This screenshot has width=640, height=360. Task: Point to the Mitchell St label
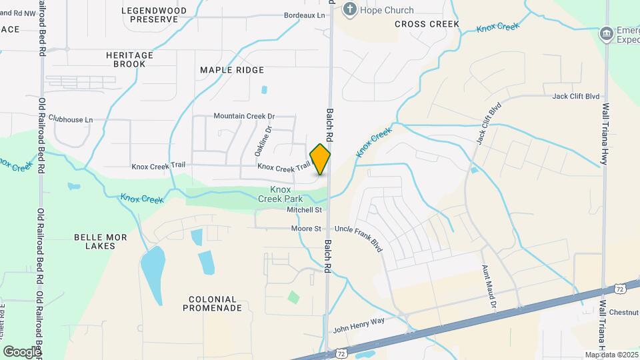(x=304, y=210)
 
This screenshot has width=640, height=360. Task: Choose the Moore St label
(x=306, y=229)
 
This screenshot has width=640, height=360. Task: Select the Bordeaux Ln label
(x=305, y=15)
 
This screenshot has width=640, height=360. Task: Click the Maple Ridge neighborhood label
(x=232, y=70)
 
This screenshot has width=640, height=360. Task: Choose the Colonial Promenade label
(x=213, y=303)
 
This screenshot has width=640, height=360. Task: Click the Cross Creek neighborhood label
(x=427, y=24)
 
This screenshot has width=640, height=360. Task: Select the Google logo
(x=22, y=351)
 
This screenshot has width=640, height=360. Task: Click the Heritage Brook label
(x=129, y=59)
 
